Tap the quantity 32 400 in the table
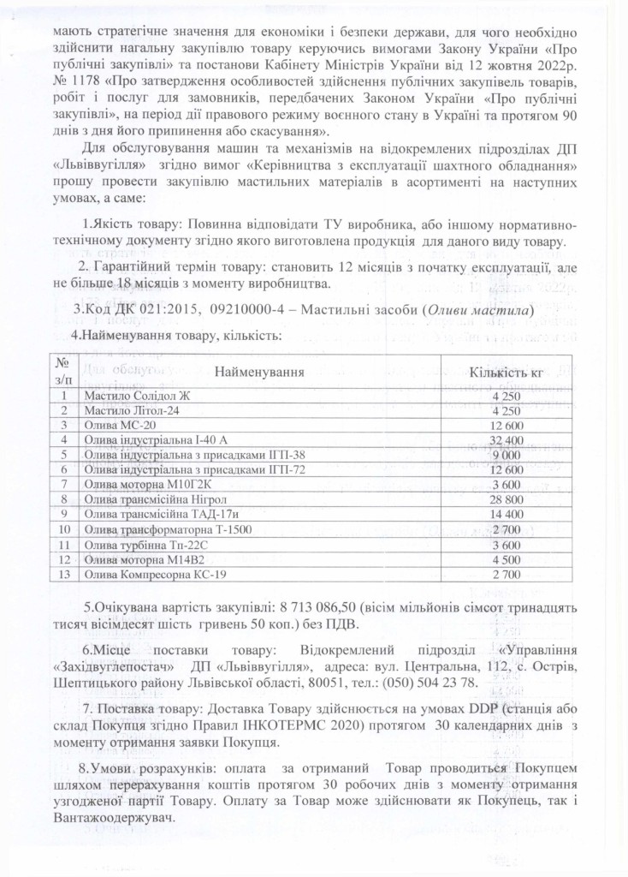click(x=507, y=439)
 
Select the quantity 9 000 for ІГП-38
click(x=507, y=454)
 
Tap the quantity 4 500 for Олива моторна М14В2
click(x=507, y=558)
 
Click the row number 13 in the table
click(x=62, y=572)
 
